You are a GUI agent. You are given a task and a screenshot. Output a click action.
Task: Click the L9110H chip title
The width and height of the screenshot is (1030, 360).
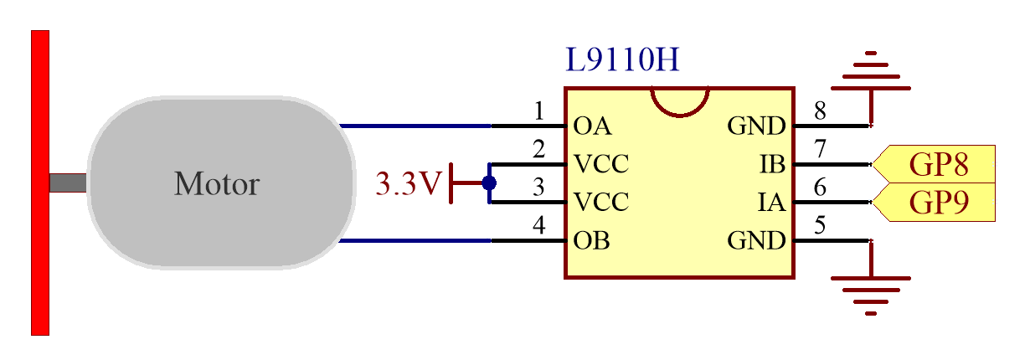click(x=622, y=59)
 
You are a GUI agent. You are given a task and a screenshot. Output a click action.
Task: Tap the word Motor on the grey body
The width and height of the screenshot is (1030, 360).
click(x=217, y=183)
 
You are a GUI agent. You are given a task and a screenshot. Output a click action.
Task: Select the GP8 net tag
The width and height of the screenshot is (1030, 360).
click(x=934, y=164)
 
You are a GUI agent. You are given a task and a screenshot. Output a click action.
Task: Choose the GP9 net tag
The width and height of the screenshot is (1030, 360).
click(x=934, y=203)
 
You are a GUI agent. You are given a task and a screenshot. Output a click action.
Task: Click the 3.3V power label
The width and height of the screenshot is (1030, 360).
click(x=409, y=183)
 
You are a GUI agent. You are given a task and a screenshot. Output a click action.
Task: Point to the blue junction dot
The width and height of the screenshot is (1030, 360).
click(x=489, y=183)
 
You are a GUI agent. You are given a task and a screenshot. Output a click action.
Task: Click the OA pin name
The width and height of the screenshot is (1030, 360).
click(x=593, y=126)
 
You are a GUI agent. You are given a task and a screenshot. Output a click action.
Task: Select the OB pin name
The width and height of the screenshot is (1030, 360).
click(x=592, y=240)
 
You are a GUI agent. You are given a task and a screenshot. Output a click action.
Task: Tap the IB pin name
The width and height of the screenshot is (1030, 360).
click(x=772, y=164)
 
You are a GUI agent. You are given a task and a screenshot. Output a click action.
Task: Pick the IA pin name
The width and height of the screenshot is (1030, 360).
click(x=771, y=203)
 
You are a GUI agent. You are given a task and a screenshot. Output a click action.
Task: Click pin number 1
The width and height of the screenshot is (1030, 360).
click(x=539, y=111)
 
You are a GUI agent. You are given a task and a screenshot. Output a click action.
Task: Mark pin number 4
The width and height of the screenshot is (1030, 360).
click(x=539, y=225)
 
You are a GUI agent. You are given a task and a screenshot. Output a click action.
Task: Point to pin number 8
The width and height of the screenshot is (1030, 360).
click(x=820, y=111)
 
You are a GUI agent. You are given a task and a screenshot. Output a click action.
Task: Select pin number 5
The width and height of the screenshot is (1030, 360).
click(x=820, y=225)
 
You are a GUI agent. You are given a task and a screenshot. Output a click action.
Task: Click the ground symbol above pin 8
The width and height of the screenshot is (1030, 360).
click(x=871, y=88)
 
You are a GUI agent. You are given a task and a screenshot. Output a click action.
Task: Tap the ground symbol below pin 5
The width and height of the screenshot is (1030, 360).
click(x=871, y=279)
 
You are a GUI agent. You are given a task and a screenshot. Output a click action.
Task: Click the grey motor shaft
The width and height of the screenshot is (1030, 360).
click(x=68, y=183)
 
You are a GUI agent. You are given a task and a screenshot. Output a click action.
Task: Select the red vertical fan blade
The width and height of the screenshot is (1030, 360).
click(x=40, y=183)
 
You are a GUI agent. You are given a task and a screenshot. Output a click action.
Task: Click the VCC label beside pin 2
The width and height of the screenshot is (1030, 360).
click(x=601, y=164)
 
